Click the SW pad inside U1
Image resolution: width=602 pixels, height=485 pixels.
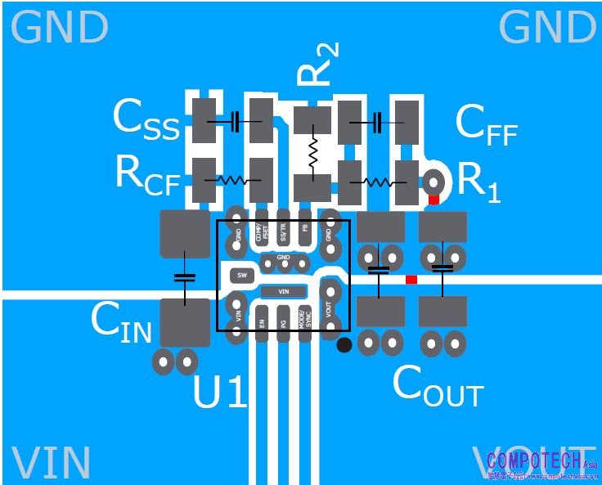(241, 275)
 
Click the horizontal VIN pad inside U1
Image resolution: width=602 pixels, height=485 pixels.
(284, 290)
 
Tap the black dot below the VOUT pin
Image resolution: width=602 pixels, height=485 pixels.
(344, 345)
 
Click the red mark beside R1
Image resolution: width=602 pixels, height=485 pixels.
(434, 200)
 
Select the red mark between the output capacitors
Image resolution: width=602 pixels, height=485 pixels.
(411, 280)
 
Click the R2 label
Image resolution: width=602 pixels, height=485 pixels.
(317, 65)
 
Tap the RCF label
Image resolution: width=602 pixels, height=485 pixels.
(147, 175)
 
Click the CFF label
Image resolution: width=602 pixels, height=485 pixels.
(486, 126)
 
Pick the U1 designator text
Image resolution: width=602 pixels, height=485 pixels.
(219, 393)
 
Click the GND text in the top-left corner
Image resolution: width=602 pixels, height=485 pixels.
(60, 29)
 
